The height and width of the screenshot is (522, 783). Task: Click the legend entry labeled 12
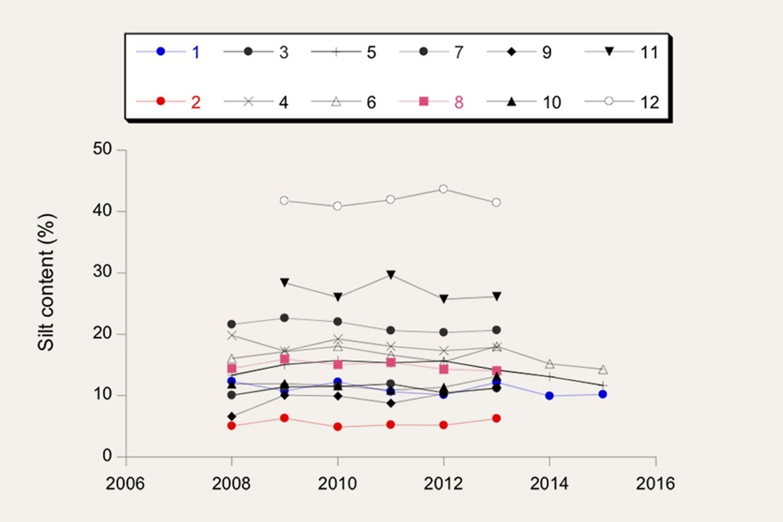click(x=649, y=102)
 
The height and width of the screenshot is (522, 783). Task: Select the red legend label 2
click(x=196, y=102)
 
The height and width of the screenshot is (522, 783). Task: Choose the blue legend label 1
click(x=196, y=52)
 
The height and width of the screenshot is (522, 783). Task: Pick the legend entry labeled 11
click(x=649, y=52)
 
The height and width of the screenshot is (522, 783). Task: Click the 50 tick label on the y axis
click(x=101, y=150)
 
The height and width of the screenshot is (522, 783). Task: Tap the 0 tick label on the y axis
click(x=106, y=457)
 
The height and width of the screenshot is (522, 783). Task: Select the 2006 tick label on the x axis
click(x=125, y=484)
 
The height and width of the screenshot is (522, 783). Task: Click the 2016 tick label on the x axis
click(x=656, y=484)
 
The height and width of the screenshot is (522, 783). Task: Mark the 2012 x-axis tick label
click(x=444, y=484)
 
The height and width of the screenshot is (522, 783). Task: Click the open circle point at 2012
click(x=444, y=189)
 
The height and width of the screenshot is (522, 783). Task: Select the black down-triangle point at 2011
click(x=390, y=275)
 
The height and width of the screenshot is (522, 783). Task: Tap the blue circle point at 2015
click(x=602, y=394)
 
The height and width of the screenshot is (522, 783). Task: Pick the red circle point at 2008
click(x=232, y=425)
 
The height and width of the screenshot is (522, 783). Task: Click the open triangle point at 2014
click(x=549, y=364)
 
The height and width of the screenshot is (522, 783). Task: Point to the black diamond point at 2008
click(x=232, y=416)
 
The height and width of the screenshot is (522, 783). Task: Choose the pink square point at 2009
click(x=284, y=360)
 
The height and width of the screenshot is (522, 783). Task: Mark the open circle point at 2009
click(x=284, y=200)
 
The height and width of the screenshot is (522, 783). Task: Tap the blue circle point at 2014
click(x=549, y=395)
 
